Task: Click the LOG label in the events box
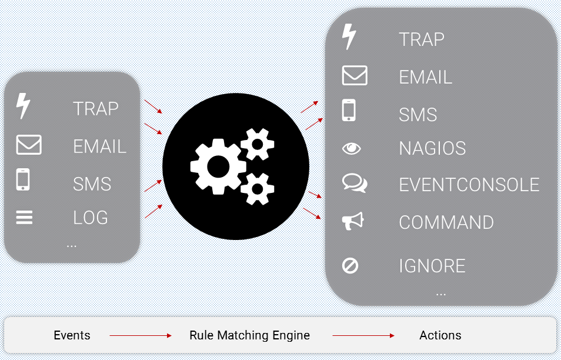(x=91, y=218)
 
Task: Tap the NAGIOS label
(x=432, y=149)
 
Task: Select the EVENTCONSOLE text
(x=469, y=185)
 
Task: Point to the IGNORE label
(x=432, y=266)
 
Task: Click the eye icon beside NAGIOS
(x=352, y=148)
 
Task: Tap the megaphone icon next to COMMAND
(x=353, y=221)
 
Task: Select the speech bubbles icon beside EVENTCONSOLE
(x=354, y=184)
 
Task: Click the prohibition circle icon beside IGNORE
(x=350, y=266)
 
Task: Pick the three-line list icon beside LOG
(x=24, y=218)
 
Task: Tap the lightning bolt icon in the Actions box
(x=349, y=37)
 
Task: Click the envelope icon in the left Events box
(x=29, y=145)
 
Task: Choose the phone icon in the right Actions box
(x=349, y=111)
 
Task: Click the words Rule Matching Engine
(x=249, y=335)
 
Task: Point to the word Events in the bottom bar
(x=72, y=335)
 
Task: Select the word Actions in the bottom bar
(x=440, y=335)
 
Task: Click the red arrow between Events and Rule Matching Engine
(x=140, y=336)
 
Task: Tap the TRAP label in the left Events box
(x=96, y=109)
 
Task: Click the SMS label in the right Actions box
(x=418, y=114)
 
